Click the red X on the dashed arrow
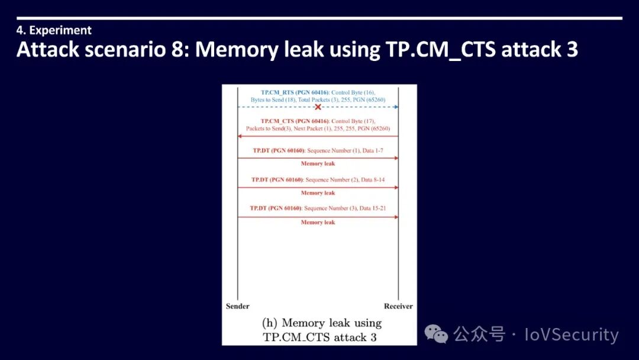(x=318, y=107)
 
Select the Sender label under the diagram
(x=237, y=306)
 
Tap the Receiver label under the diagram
(x=398, y=306)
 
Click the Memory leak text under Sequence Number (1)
(x=318, y=163)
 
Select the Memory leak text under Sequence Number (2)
(x=318, y=193)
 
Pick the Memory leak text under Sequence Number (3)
(x=318, y=223)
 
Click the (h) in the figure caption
(x=269, y=323)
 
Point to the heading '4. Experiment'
(x=54, y=30)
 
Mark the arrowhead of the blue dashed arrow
(x=396, y=107)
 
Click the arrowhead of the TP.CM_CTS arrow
(x=240, y=136)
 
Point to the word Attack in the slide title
(x=47, y=50)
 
